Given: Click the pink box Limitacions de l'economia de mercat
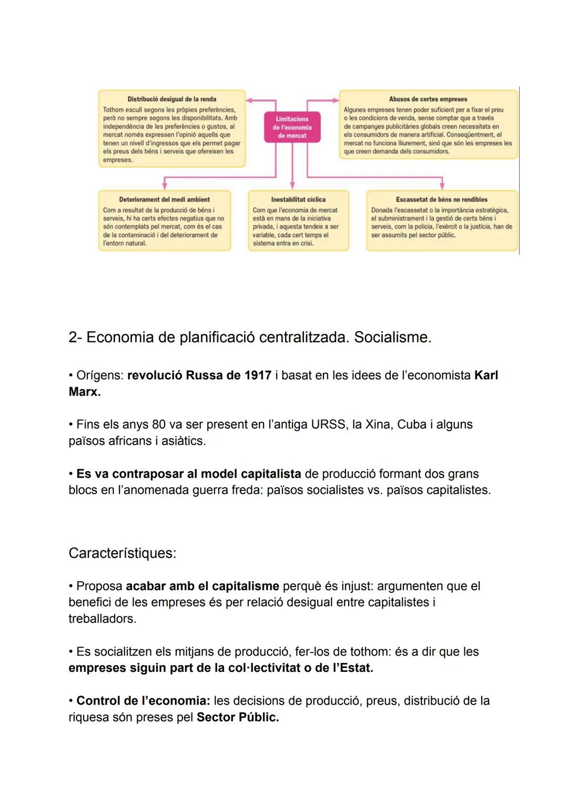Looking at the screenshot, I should coord(292,127).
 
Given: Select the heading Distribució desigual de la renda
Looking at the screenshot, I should coord(171,99).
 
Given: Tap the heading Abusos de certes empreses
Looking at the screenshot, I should coord(428,99).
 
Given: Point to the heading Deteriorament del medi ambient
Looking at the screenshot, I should coord(164,200).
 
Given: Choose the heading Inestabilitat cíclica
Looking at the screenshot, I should coord(298,200).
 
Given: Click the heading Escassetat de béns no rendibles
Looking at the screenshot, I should coord(441,200).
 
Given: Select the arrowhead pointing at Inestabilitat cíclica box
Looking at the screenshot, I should coord(293,185).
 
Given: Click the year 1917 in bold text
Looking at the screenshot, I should coord(258,375).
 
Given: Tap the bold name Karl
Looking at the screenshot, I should coord(486,375).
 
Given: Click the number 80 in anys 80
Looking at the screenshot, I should coord(159,424).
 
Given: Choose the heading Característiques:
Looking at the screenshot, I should coord(122,553).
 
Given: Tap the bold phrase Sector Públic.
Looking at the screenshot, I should coord(238,717).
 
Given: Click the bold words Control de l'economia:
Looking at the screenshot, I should coord(143,701).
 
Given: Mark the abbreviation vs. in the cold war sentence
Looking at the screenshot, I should coord(373,490).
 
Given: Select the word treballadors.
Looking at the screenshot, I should coord(102,619).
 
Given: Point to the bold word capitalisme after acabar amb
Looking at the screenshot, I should coord(246,586).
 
